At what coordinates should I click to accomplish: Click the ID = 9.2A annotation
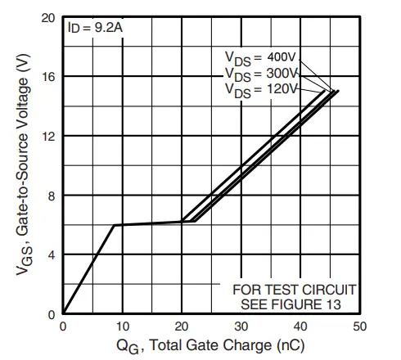point(97,27)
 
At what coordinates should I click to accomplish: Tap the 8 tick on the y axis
point(52,196)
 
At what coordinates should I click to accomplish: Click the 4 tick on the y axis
point(52,255)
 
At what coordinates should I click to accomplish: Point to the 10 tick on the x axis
point(123,326)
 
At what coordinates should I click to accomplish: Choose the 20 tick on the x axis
point(182,326)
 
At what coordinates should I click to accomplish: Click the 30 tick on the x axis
point(241,326)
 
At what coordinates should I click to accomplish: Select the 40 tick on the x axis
point(300,326)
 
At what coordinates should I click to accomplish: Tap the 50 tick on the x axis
point(359,326)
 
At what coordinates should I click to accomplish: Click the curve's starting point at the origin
point(64,314)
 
